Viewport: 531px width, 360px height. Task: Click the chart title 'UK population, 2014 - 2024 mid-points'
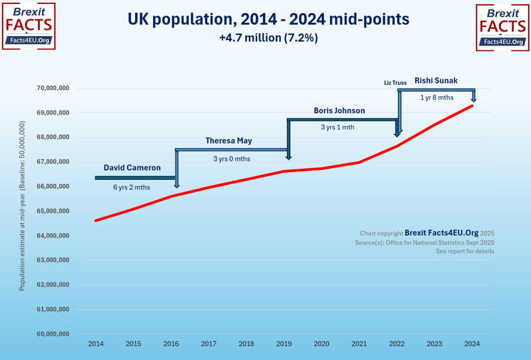pyautogui.click(x=268, y=20)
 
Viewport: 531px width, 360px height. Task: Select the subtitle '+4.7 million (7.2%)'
pyautogui.click(x=268, y=38)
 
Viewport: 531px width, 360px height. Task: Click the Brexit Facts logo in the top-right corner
pyautogui.click(x=502, y=27)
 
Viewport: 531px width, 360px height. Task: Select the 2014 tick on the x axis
pyautogui.click(x=96, y=344)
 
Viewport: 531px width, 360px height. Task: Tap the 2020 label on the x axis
pyautogui.click(x=321, y=344)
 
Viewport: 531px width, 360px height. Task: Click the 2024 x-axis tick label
pyautogui.click(x=472, y=344)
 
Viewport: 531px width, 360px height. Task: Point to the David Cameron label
pyautogui.click(x=132, y=168)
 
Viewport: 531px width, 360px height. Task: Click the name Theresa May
pyautogui.click(x=229, y=141)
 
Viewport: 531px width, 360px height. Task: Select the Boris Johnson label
pyautogui.click(x=339, y=111)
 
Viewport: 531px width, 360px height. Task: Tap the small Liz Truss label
pyautogui.click(x=396, y=83)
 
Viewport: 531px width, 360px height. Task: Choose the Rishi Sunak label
pyautogui.click(x=436, y=81)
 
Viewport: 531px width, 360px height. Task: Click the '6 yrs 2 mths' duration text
pyautogui.click(x=132, y=187)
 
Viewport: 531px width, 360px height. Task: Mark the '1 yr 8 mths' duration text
pyautogui.click(x=437, y=98)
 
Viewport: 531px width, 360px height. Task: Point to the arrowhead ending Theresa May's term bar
pyautogui.click(x=289, y=157)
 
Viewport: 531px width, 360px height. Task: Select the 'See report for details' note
pyautogui.click(x=465, y=252)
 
